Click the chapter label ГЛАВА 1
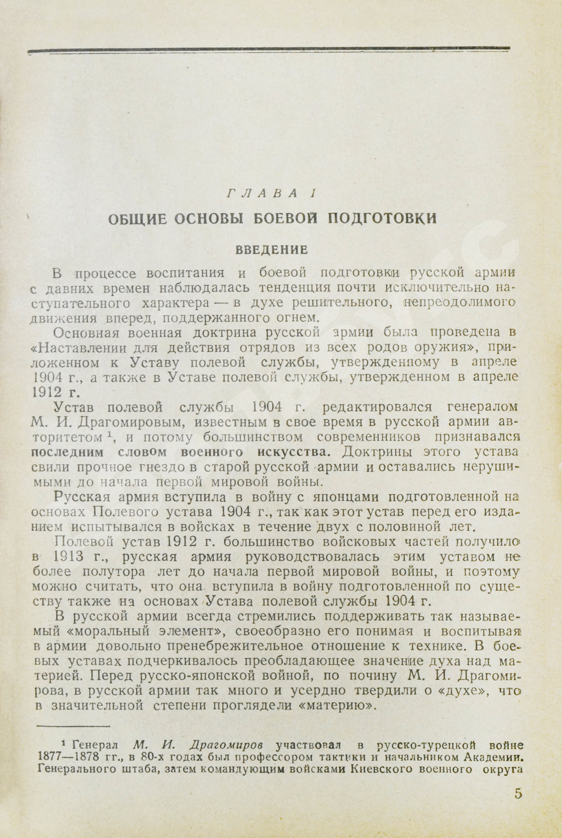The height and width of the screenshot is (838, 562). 271,194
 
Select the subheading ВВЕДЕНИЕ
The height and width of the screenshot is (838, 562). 272,250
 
